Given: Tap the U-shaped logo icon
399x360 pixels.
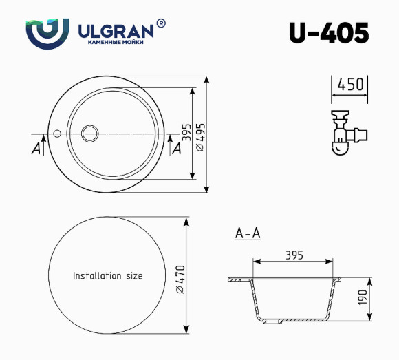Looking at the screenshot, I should point(47,32).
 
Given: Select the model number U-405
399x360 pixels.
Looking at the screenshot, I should point(328,32).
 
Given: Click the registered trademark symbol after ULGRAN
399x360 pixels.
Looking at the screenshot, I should point(161,23).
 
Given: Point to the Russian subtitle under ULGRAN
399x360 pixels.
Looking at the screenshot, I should point(115,43).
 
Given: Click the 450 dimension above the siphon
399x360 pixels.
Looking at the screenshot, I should point(350,85).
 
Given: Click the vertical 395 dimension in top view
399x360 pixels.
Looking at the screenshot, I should point(185,133).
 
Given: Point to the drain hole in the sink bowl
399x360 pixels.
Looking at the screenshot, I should point(89,132).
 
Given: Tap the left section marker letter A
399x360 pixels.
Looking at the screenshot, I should point(36,149).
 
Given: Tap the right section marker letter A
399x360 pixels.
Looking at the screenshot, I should point(175,149).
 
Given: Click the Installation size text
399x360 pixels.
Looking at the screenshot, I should point(108,276).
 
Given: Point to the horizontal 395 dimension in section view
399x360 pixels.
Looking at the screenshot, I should point(294,255).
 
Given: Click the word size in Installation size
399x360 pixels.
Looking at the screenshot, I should point(133,276).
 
